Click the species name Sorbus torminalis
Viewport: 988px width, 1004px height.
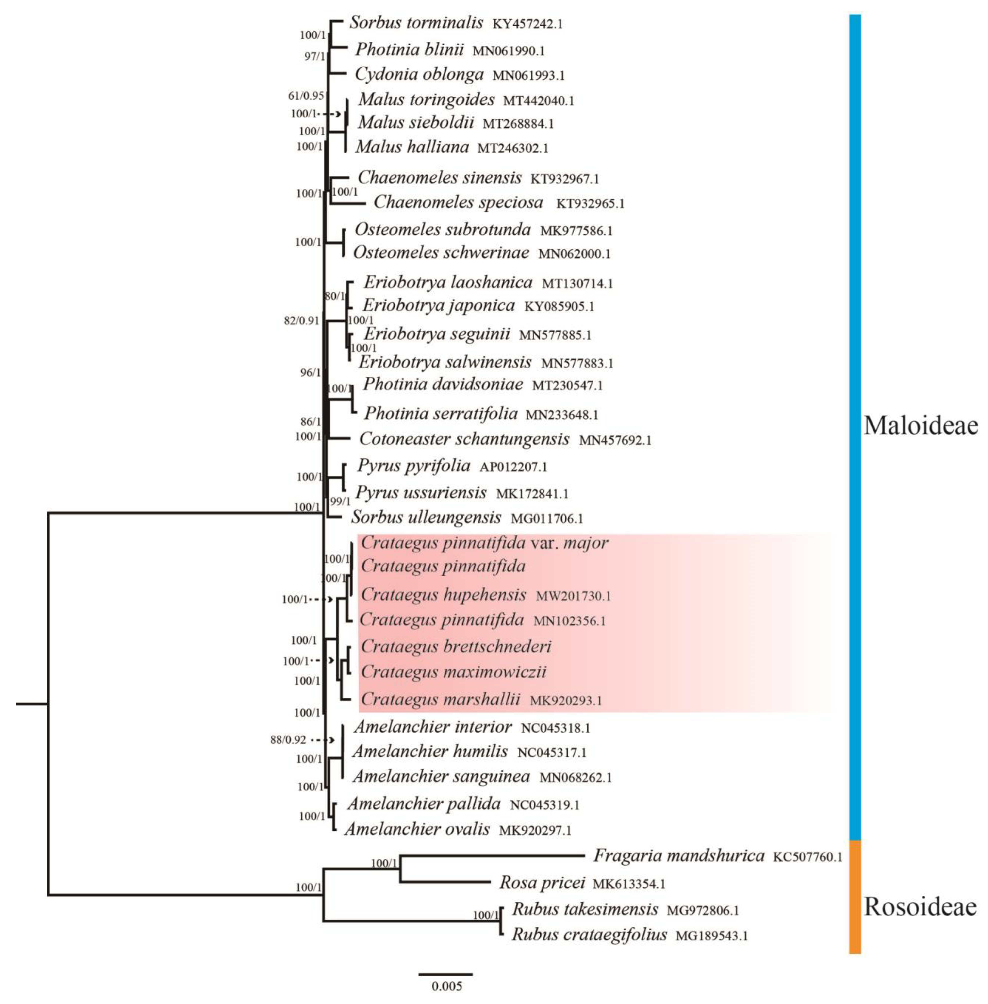(416, 23)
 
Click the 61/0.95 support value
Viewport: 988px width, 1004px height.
(306, 96)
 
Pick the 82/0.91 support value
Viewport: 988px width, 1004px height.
(301, 320)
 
